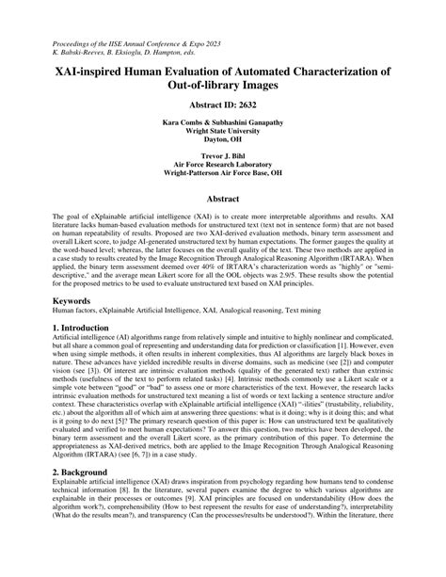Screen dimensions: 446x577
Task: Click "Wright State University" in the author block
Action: click(x=223, y=136)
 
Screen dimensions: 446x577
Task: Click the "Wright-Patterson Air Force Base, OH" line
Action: click(x=223, y=181)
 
